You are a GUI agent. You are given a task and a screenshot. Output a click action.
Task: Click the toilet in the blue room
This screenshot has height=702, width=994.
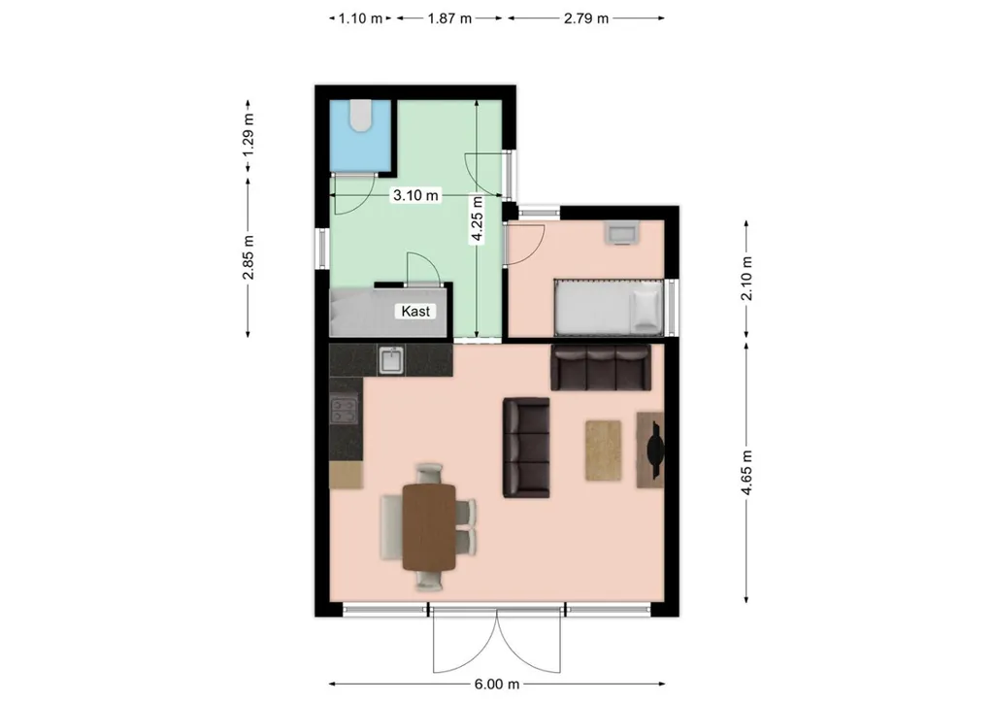(361, 116)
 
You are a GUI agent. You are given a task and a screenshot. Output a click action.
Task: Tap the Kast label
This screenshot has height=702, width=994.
(415, 312)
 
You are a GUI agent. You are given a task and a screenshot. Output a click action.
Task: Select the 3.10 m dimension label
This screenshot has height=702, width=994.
(415, 195)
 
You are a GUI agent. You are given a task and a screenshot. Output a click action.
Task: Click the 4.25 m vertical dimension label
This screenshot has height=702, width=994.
(477, 219)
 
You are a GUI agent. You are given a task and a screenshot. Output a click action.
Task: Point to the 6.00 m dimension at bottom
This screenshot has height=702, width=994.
(497, 685)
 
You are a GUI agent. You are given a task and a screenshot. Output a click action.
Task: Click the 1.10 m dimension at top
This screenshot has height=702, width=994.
(360, 18)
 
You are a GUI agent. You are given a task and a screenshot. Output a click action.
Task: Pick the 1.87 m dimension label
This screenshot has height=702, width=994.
(449, 18)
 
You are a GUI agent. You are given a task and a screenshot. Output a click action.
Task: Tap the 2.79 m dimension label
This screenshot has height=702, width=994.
(586, 18)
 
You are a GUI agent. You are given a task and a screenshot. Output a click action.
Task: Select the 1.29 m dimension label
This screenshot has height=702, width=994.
(248, 134)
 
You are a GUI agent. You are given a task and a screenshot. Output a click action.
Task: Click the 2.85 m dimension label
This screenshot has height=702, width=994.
(248, 257)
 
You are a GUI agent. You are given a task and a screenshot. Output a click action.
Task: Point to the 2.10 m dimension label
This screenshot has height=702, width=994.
(746, 279)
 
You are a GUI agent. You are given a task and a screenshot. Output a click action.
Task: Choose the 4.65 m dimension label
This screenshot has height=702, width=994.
(746, 473)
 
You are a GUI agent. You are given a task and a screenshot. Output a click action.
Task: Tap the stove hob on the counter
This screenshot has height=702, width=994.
(345, 410)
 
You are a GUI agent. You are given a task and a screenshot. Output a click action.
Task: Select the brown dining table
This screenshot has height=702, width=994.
(429, 527)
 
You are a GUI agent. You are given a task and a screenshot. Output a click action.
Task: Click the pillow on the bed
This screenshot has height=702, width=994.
(646, 307)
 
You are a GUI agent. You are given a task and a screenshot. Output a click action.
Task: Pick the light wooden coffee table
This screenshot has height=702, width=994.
(603, 451)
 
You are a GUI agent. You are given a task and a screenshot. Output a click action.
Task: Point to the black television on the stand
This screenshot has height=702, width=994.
(655, 451)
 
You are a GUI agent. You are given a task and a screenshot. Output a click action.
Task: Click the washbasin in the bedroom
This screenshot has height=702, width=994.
(622, 232)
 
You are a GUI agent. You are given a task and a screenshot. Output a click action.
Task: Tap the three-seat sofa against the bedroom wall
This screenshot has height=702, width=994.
(601, 367)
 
